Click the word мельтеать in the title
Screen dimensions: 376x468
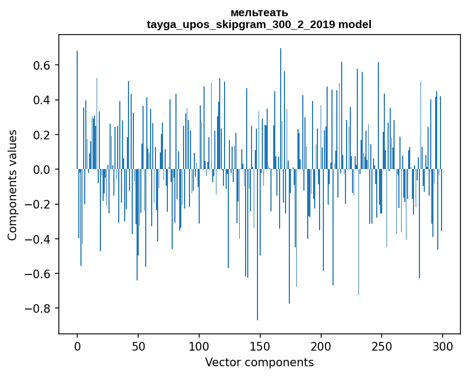[259, 13]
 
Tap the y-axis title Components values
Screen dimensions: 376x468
[12, 185]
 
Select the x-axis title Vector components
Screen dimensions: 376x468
[259, 362]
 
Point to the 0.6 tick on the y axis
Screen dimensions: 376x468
[42, 65]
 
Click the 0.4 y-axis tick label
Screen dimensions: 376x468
[42, 100]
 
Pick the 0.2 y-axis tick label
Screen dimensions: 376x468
[42, 135]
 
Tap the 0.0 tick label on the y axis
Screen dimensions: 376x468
[42, 170]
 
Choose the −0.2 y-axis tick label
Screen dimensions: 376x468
[39, 204]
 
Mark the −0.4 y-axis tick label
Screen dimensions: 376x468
[39, 239]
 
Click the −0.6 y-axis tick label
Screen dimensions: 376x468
[39, 274]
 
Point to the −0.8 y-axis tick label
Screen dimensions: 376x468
[39, 308]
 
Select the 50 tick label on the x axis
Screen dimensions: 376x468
[138, 346]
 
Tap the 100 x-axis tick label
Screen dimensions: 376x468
[199, 346]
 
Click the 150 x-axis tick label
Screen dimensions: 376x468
[260, 346]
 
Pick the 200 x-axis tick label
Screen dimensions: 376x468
[321, 346]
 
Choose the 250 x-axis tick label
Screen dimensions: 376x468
[382, 346]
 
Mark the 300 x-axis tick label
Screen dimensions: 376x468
[443, 346]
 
